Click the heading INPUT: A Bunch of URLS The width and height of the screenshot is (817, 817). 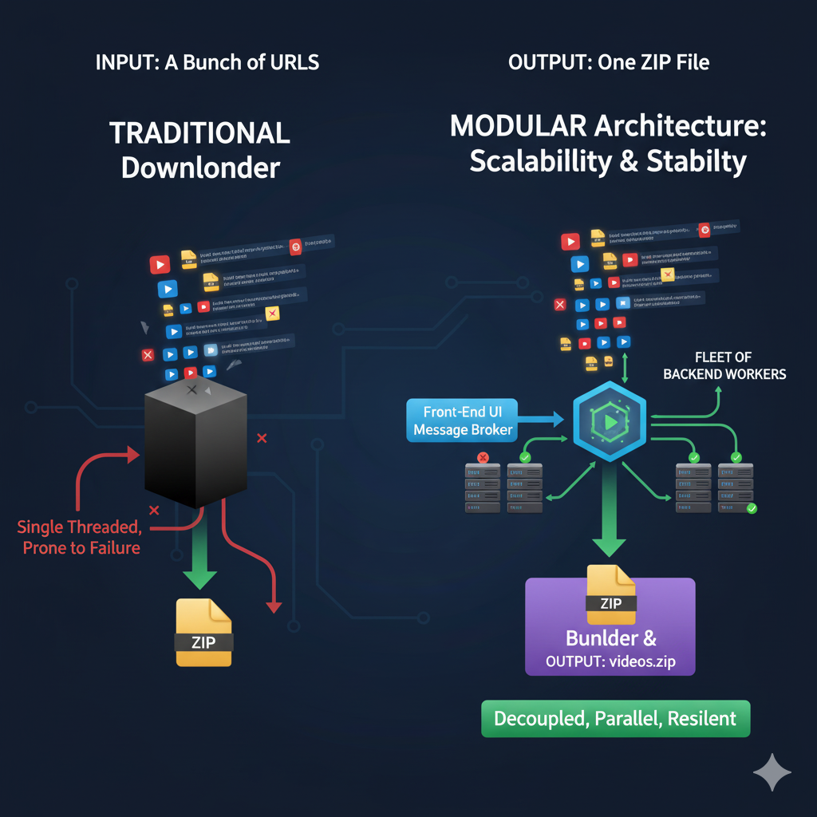click(207, 62)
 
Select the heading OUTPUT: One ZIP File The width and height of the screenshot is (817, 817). click(608, 62)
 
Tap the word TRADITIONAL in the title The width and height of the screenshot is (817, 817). click(199, 133)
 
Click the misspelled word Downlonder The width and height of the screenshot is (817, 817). click(200, 168)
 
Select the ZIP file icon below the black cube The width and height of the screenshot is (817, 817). click(204, 632)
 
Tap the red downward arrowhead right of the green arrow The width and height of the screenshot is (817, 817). click(274, 606)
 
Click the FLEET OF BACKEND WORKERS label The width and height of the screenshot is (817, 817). click(724, 365)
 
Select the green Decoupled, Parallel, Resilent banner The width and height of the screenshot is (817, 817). click(615, 718)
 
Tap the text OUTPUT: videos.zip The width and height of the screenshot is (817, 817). click(610, 661)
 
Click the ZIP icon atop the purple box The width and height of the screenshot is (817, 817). click(610, 594)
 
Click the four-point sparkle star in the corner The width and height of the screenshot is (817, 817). click(772, 772)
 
